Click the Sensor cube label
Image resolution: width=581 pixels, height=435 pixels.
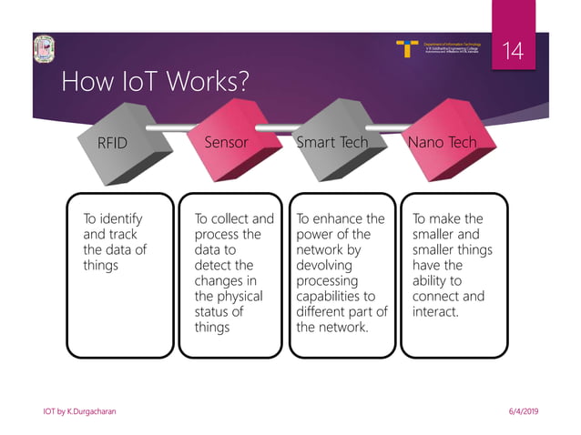click(226, 143)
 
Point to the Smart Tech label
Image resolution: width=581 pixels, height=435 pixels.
click(332, 143)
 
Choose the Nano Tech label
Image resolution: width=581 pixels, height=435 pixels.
click(442, 143)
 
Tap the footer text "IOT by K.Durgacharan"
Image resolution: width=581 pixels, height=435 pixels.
click(79, 412)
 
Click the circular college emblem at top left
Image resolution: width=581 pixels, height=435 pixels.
click(42, 48)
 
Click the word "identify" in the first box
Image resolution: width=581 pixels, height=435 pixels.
click(121, 219)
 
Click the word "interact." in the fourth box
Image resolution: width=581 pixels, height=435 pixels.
click(435, 312)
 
